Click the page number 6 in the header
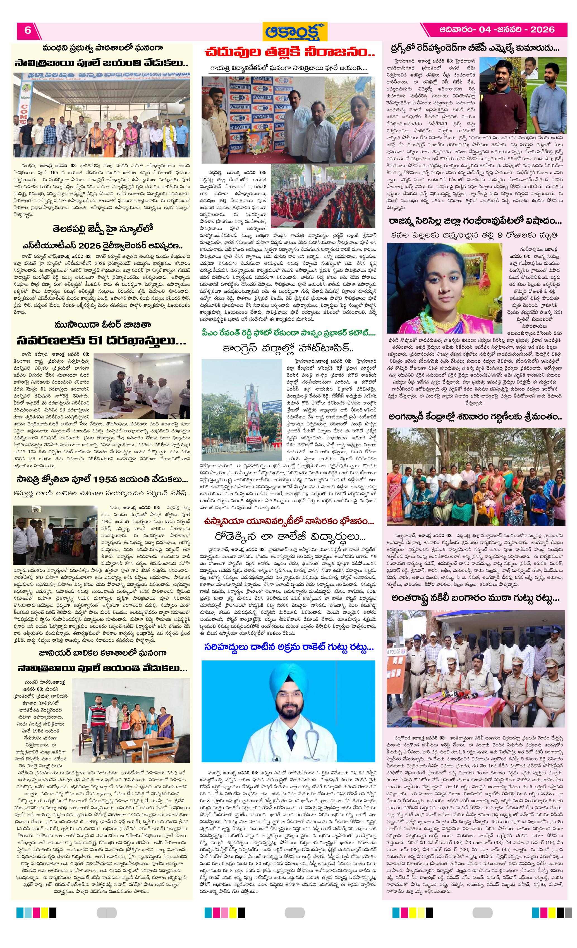click(28, 30)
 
